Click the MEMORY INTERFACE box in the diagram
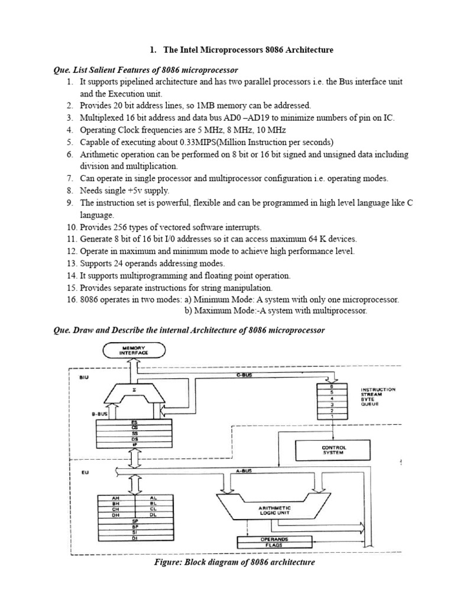point(135,350)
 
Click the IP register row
point(136,444)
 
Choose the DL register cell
point(153,515)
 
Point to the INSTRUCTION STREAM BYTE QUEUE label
point(378,397)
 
